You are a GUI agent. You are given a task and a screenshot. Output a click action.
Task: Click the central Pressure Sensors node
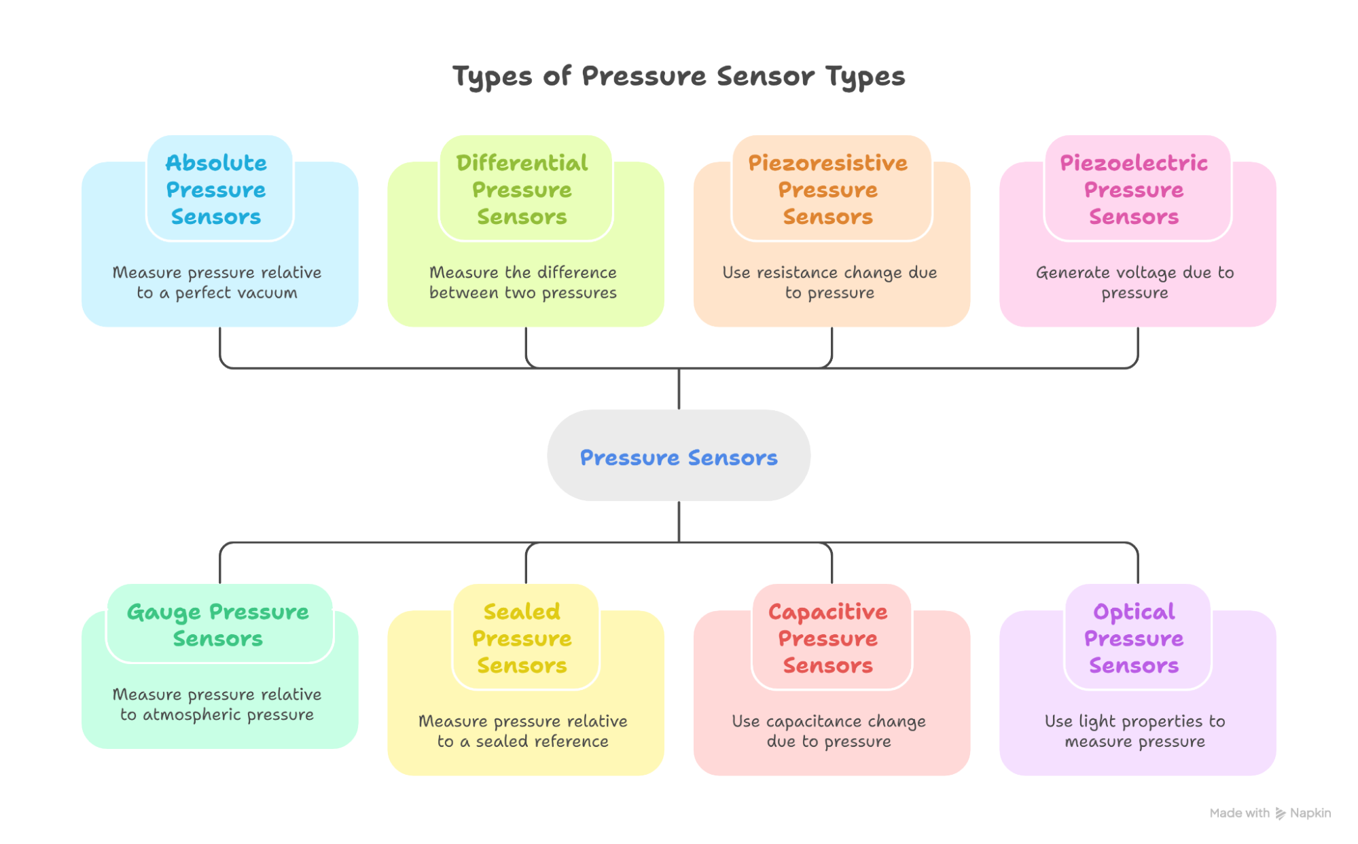tap(678, 457)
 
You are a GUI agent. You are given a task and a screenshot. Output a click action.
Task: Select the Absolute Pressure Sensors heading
tap(216, 189)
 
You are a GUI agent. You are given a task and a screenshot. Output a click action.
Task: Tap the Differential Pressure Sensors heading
tap(522, 189)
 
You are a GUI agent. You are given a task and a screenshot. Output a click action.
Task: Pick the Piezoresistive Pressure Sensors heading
tap(827, 189)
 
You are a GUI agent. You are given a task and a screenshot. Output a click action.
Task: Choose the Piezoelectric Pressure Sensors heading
tap(1133, 189)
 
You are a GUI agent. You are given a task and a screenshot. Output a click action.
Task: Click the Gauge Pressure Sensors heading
tap(217, 625)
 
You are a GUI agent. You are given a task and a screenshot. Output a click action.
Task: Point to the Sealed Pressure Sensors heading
tap(522, 638)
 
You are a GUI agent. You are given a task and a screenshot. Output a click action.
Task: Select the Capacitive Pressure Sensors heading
tap(827, 638)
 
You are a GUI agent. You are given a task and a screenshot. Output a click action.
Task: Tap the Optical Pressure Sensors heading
tap(1133, 638)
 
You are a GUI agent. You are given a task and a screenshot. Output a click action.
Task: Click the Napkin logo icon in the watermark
tap(1280, 813)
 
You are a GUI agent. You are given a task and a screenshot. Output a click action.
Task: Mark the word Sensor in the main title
tap(765, 76)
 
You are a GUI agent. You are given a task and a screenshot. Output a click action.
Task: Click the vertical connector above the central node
tap(679, 389)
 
